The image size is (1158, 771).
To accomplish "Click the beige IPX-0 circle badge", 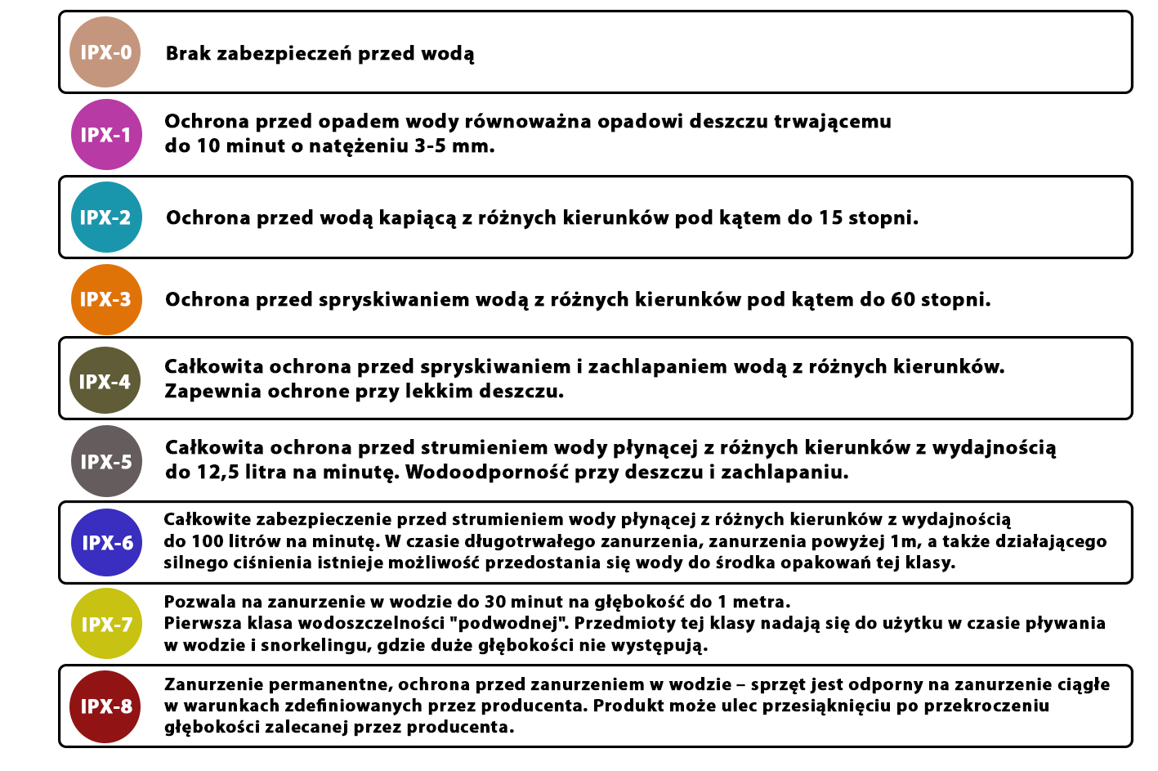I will tap(105, 52).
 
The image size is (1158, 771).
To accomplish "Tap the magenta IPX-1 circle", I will tap(106, 135).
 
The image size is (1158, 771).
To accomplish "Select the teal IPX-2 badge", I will tap(106, 217).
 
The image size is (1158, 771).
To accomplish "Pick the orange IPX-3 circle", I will tap(106, 299).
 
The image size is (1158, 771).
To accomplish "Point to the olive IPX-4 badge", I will tap(105, 381).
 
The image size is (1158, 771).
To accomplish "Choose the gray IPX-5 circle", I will tap(106, 461).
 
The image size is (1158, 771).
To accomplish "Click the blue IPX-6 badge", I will tap(107, 543).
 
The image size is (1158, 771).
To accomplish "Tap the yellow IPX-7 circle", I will tap(107, 625).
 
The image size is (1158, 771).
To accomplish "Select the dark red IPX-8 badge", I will tap(106, 706).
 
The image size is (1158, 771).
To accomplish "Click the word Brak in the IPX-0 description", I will tap(188, 54).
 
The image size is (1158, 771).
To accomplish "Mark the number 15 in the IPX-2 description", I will tap(830, 218).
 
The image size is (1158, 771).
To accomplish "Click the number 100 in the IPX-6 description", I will tap(208, 541).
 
